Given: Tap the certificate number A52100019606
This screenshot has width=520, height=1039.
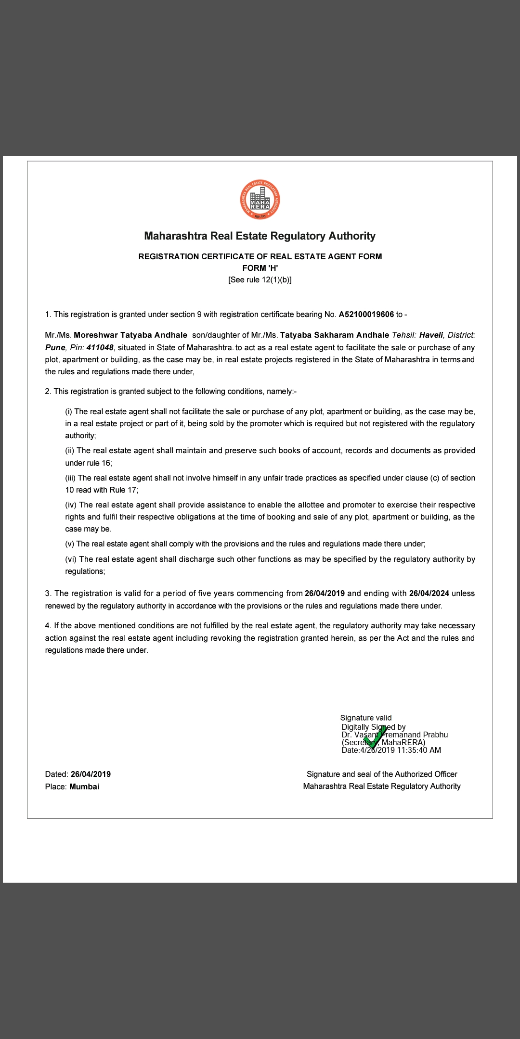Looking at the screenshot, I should [366, 315].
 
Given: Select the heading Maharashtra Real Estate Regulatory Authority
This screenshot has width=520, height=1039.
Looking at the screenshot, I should [260, 236].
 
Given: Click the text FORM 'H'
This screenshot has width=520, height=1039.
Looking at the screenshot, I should [260, 268].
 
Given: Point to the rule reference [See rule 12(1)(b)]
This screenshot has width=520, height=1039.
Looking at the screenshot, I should [260, 280].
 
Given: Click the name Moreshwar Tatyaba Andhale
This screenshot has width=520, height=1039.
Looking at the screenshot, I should [130, 335].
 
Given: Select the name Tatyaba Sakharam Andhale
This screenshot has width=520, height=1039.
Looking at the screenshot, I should [335, 335].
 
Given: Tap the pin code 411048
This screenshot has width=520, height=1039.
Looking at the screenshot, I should [100, 348].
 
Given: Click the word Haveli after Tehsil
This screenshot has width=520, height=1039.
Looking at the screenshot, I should [431, 335].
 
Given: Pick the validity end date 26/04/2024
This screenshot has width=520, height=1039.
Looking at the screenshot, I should [429, 594].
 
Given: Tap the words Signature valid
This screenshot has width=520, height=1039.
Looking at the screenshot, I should [366, 718].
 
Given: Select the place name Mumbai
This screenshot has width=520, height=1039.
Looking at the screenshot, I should [84, 787].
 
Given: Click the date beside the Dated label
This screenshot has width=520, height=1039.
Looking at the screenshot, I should [91, 774].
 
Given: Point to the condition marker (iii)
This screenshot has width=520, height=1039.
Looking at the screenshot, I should [70, 478].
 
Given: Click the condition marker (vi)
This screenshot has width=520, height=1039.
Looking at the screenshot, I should [71, 559].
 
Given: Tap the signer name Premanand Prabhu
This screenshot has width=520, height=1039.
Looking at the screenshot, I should [415, 735].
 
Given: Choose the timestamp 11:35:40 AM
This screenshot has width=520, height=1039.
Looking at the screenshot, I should [419, 750].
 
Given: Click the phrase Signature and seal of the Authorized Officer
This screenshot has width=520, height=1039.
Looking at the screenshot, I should [382, 774].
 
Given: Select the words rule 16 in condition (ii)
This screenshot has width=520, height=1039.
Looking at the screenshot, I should [99, 463].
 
